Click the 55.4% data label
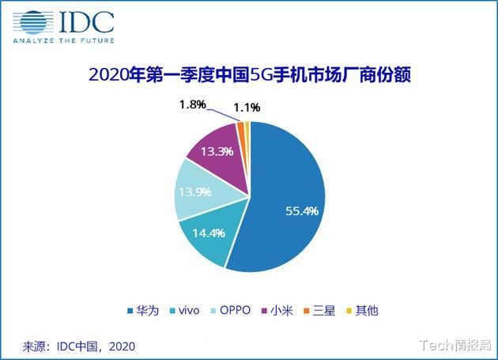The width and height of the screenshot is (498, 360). (x=302, y=211)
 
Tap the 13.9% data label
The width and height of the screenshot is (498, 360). (x=195, y=192)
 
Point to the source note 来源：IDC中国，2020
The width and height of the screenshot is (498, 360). (x=79, y=346)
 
